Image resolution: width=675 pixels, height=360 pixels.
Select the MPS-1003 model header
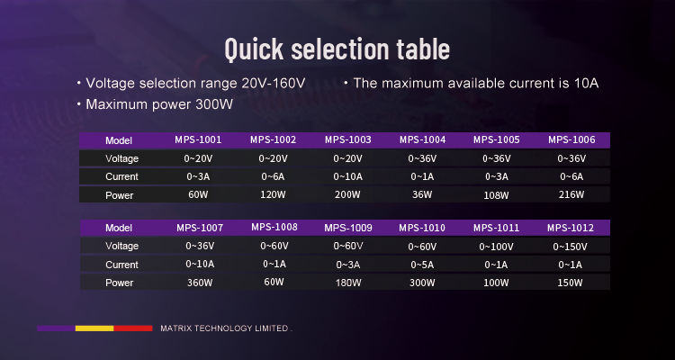(348, 139)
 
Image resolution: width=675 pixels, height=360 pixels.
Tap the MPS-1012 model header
(571, 228)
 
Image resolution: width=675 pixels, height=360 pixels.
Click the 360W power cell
(200, 283)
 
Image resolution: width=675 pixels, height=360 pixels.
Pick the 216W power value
(571, 194)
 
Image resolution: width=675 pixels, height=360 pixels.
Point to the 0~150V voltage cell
(571, 246)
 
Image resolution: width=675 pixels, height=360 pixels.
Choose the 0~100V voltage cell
(497, 246)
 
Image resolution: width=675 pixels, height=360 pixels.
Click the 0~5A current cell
(422, 265)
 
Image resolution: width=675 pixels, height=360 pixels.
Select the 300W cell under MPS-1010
(422, 283)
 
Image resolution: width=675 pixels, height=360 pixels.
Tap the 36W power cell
(422, 194)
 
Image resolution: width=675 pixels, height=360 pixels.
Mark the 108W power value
(497, 194)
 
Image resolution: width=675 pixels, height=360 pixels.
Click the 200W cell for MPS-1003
(348, 194)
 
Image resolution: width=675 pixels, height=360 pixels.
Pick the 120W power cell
(274, 194)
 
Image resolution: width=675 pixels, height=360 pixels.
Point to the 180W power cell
(348, 283)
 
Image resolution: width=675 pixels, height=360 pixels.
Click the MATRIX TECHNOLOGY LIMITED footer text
(226, 329)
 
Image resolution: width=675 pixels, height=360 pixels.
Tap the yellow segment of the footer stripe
(94, 328)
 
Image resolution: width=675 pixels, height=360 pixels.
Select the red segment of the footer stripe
(132, 328)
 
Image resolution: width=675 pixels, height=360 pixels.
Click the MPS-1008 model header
(274, 227)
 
